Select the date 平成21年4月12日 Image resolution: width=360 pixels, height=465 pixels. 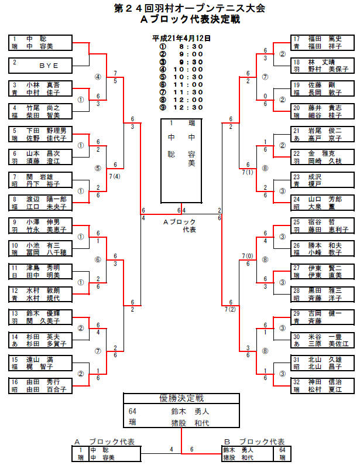pos(181,38)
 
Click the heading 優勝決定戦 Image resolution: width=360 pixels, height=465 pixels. pos(181,398)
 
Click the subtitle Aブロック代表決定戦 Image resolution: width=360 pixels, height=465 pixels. pos(181,19)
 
